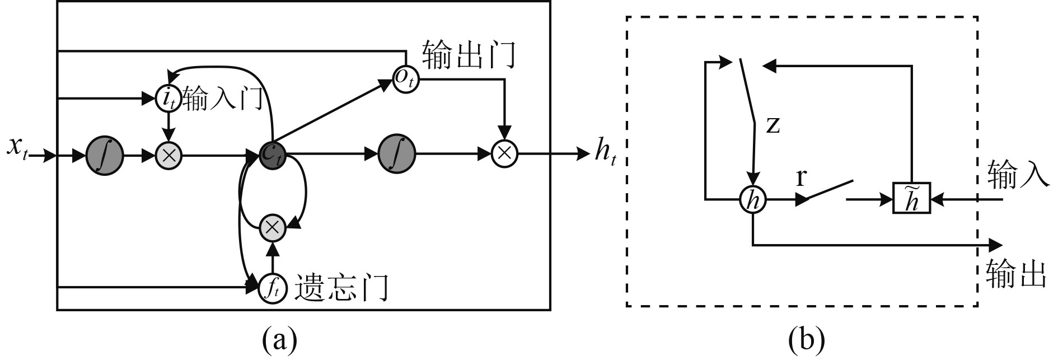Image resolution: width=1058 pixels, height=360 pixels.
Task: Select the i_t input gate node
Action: click(167, 99)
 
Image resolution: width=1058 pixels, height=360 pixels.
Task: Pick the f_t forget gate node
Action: click(272, 288)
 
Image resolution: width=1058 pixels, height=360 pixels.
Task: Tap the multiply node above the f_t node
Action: click(273, 227)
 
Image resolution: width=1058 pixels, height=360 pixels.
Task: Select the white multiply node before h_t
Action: click(504, 153)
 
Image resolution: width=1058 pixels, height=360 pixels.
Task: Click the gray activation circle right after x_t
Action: click(105, 155)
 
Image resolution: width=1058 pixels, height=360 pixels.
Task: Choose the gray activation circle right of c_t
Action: click(396, 154)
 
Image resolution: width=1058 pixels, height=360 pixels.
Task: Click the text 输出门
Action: click(469, 54)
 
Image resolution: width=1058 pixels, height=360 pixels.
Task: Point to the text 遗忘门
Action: click(340, 287)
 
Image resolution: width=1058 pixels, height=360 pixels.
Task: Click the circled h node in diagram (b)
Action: click(753, 199)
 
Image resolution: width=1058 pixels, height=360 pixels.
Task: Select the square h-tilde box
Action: click(911, 198)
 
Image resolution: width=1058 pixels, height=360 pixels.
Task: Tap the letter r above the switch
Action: click(801, 177)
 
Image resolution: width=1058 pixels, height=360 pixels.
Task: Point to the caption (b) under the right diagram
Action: click(806, 339)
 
